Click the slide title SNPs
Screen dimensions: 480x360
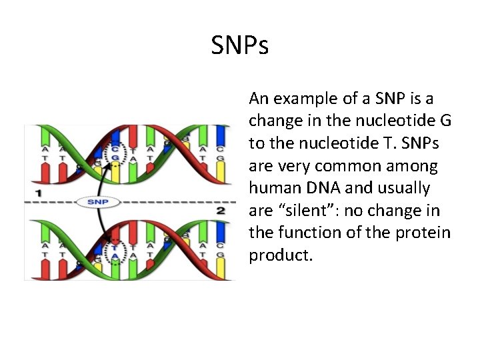(240, 46)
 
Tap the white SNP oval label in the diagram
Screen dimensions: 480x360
(93, 201)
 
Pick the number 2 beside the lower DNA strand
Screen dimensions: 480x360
(221, 210)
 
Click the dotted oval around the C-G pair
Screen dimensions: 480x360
(116, 154)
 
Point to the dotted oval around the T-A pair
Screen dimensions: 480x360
(115, 250)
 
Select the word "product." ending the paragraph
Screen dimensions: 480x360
(281, 256)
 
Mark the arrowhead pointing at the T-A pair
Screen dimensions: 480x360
(105, 237)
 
